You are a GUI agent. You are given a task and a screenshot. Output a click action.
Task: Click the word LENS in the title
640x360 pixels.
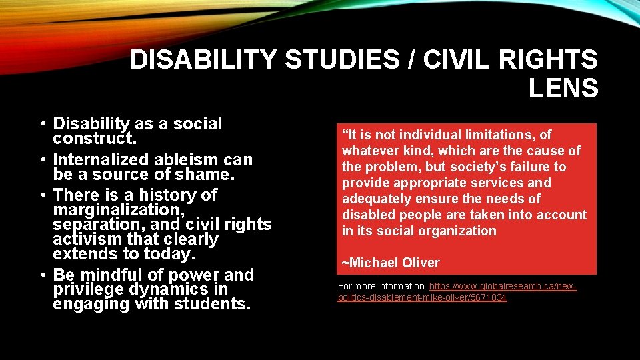(563, 88)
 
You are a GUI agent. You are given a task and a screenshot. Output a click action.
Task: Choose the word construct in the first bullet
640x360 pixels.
(90, 138)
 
